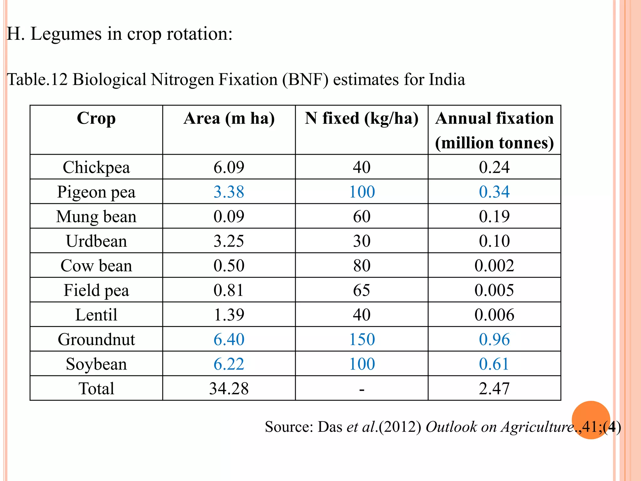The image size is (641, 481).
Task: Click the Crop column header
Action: click(96, 119)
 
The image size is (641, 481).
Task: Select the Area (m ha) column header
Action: click(229, 119)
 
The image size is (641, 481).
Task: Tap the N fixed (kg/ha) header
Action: click(362, 119)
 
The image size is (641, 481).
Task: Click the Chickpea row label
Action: click(96, 167)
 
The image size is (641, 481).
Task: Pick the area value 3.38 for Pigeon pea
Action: click(229, 192)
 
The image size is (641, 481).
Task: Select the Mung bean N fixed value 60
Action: click(362, 216)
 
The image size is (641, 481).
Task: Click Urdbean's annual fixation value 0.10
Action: click(494, 241)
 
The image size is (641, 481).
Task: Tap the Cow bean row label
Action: click(96, 266)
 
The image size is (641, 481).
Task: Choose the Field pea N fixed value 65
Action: click(362, 290)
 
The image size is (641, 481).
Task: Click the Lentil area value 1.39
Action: click(229, 315)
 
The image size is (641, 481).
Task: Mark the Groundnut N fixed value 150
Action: click(362, 339)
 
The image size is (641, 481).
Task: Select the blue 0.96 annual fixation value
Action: click(494, 339)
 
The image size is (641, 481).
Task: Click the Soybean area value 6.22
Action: click(229, 364)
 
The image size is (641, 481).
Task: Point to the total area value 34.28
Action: click(229, 388)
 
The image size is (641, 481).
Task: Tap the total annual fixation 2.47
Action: click(494, 388)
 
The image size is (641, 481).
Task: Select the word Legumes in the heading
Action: click(66, 34)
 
